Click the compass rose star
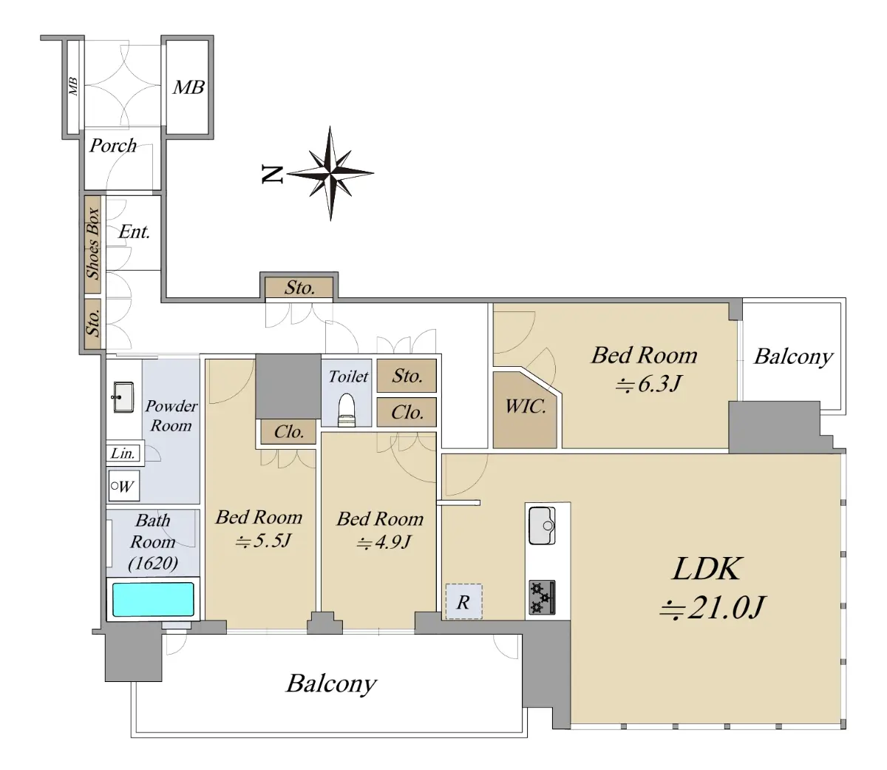pyautogui.click(x=330, y=173)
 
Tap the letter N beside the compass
pyautogui.click(x=273, y=175)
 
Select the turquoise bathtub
pyautogui.click(x=153, y=599)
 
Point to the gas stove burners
pyautogui.click(x=542, y=597)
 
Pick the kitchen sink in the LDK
pyautogui.click(x=542, y=525)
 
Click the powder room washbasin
pyautogui.click(x=123, y=396)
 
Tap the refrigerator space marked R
pyautogui.click(x=463, y=601)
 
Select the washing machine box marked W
pyautogui.click(x=124, y=486)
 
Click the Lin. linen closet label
pyautogui.click(x=123, y=453)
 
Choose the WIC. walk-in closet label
pyautogui.click(x=526, y=407)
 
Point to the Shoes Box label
pyautogui.click(x=93, y=243)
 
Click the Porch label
pyautogui.click(x=112, y=146)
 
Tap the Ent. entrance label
pyautogui.click(x=135, y=232)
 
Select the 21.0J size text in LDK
pyautogui.click(x=712, y=607)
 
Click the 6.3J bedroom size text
pyautogui.click(x=649, y=384)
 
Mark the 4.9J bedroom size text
pyautogui.click(x=383, y=543)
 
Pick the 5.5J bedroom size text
pyautogui.click(x=262, y=541)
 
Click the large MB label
pyautogui.click(x=188, y=87)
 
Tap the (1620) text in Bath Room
pyautogui.click(x=153, y=563)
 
